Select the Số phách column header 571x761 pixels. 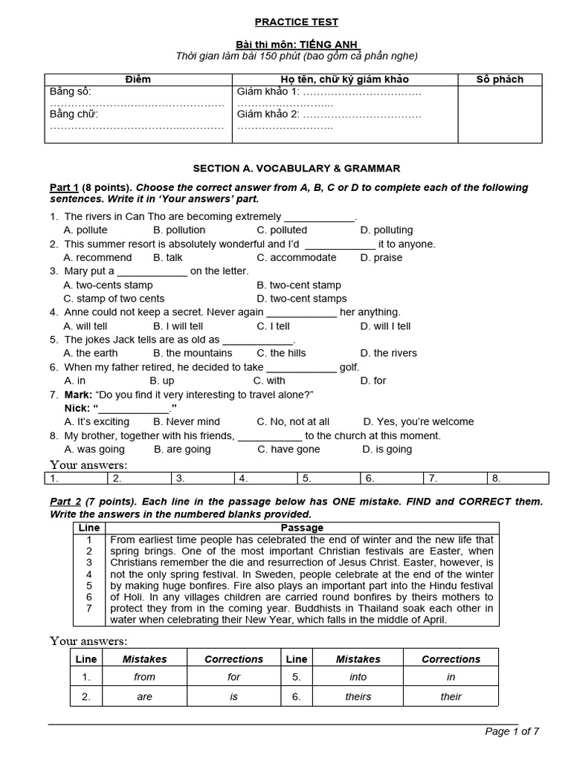[x=499, y=80]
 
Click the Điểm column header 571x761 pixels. [x=138, y=80]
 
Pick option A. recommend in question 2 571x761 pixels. [x=98, y=258]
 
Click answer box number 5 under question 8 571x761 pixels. [x=329, y=479]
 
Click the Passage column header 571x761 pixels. [x=303, y=528]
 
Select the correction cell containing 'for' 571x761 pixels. [x=234, y=677]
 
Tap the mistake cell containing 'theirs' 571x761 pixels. [x=358, y=696]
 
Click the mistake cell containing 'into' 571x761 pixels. [x=358, y=677]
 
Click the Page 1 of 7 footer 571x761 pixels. [x=512, y=731]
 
